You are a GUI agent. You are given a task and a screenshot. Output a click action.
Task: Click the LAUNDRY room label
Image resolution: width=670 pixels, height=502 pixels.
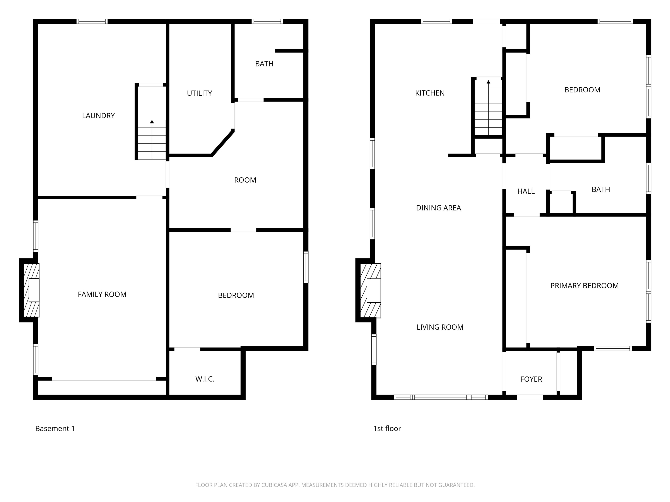pyautogui.click(x=98, y=116)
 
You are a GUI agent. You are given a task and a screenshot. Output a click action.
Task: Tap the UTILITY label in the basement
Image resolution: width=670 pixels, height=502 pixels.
pyautogui.click(x=199, y=93)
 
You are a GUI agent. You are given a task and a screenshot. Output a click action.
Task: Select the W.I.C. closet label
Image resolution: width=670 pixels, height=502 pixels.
pyautogui.click(x=205, y=379)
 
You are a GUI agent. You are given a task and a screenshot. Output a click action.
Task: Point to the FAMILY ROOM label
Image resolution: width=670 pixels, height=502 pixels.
pyautogui.click(x=102, y=294)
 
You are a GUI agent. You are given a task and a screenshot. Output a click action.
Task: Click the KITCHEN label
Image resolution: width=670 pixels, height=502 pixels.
pyautogui.click(x=430, y=93)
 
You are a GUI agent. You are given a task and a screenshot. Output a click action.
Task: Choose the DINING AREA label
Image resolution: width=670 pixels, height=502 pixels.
pyautogui.click(x=439, y=208)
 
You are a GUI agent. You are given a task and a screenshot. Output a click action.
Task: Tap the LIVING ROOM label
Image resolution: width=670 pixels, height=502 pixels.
pyautogui.click(x=440, y=327)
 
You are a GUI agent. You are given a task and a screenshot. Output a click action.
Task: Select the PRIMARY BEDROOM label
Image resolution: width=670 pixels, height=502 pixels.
pyautogui.click(x=585, y=286)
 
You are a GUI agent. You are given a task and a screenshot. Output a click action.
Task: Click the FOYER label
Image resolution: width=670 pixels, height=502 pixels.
pyautogui.click(x=531, y=379)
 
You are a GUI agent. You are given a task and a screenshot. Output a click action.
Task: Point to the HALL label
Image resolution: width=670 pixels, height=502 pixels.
pyautogui.click(x=526, y=191)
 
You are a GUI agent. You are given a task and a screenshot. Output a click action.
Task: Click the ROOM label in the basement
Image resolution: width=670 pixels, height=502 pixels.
pyautogui.click(x=245, y=180)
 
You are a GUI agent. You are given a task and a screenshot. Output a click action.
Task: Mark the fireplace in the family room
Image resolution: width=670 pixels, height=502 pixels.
pyautogui.click(x=31, y=290)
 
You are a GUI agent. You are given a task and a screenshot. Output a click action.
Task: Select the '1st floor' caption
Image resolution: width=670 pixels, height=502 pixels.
pyautogui.click(x=387, y=429)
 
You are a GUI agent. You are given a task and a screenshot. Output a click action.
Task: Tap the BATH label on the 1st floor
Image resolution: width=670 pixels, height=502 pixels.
pyautogui.click(x=601, y=189)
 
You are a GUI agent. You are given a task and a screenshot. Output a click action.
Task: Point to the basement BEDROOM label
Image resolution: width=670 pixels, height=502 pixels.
pyautogui.click(x=236, y=295)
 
